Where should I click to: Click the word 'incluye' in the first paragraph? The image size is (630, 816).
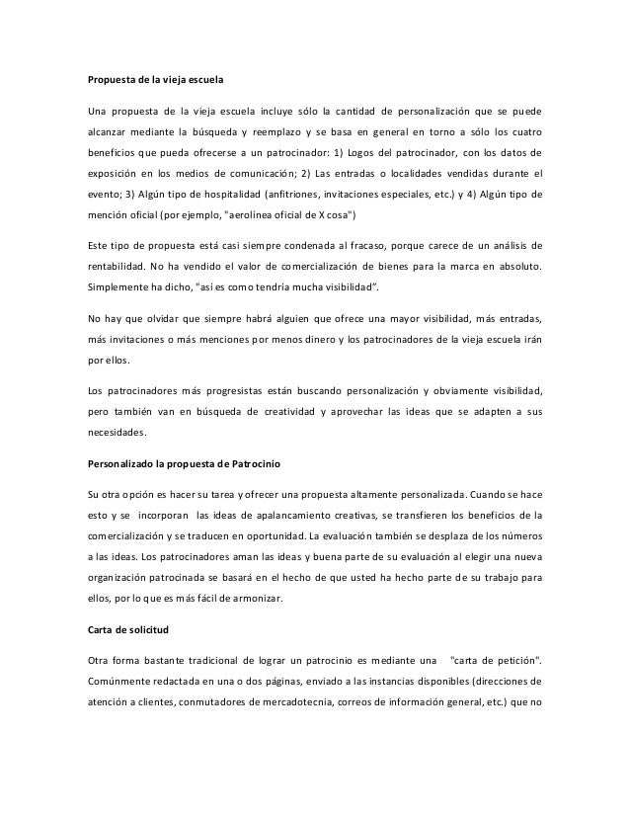pyautogui.click(x=284, y=107)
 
